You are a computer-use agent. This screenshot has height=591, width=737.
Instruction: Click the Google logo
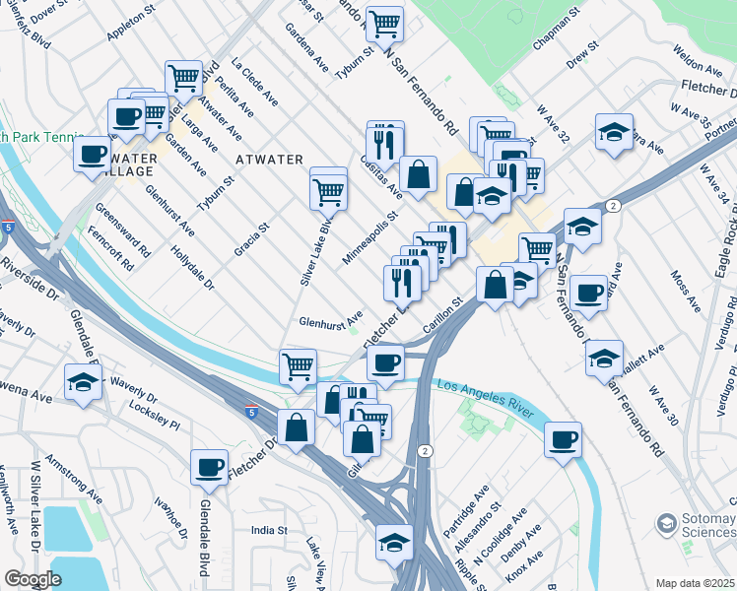click(x=33, y=579)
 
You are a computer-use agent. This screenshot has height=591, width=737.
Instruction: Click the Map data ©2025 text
click(x=696, y=582)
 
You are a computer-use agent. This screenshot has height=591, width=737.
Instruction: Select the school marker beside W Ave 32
click(x=613, y=135)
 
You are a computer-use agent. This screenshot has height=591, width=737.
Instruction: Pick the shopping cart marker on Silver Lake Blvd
click(x=328, y=193)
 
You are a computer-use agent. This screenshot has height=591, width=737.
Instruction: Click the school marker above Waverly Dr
click(x=83, y=383)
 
